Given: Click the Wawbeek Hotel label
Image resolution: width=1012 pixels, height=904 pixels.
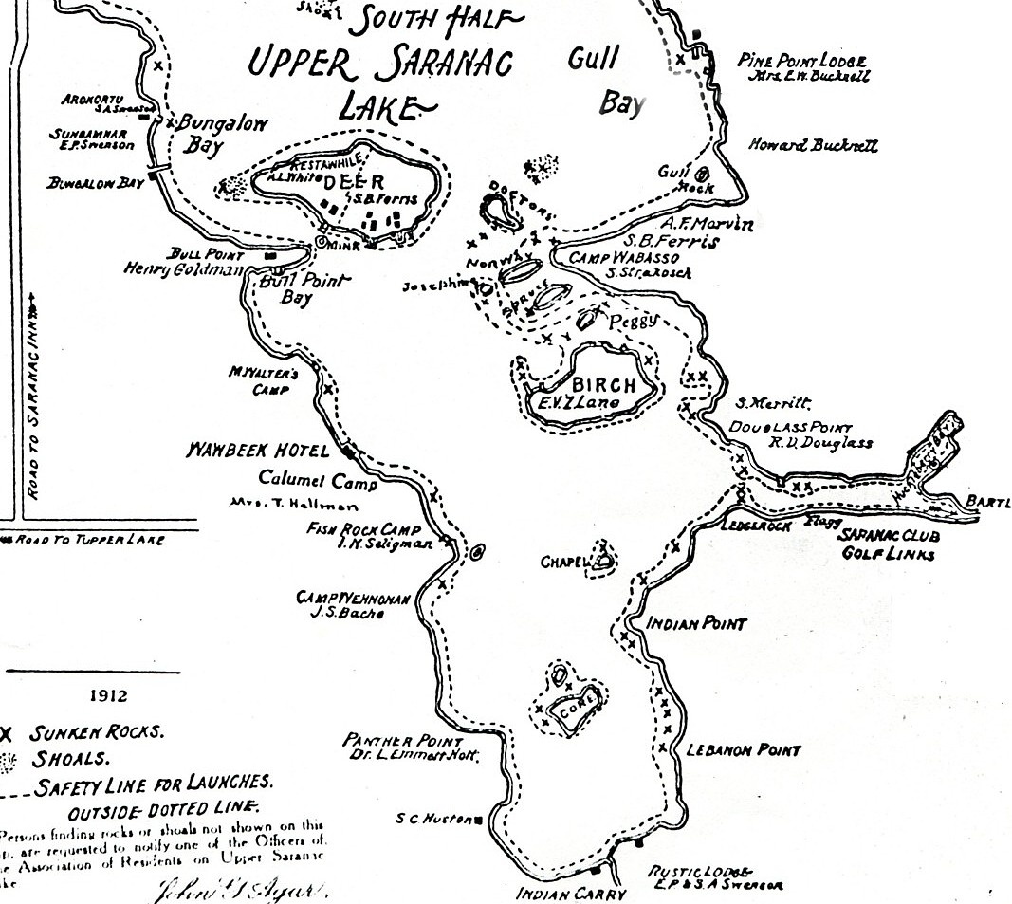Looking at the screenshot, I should coord(257,452).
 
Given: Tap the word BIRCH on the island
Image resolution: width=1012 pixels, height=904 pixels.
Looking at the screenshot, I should coord(598,386).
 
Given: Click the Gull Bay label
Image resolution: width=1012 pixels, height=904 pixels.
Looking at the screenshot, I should coord(606,80).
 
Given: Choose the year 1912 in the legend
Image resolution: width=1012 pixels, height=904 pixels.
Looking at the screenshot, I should coord(108,695).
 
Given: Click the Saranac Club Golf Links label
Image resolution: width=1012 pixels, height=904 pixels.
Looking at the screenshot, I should coord(889,544).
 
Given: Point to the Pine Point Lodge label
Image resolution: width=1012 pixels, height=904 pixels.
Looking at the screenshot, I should coord(801,62).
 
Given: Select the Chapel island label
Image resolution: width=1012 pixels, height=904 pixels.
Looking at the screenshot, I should coord(565,563).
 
